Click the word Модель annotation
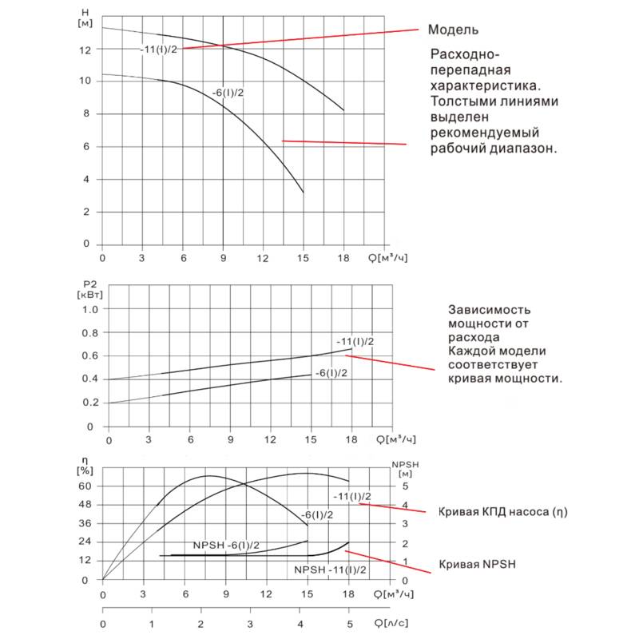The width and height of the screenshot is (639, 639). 453,30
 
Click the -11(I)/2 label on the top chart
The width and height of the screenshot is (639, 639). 157,50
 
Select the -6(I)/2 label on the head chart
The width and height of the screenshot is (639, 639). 228,93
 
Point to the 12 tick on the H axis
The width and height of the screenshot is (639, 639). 86,50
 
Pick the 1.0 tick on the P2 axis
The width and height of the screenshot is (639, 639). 90,309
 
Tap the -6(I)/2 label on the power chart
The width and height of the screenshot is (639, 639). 331,373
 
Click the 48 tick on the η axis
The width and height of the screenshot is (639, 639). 85,505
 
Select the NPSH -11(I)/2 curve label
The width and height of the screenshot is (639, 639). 330,570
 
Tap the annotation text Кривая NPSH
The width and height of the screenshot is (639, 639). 478,564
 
